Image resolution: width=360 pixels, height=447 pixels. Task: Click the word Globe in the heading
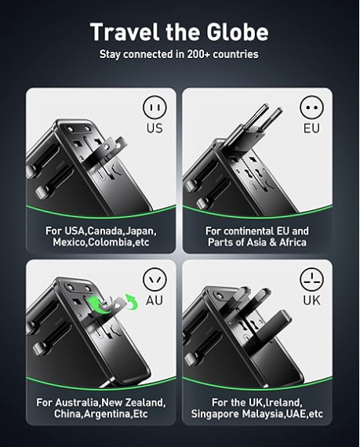click(x=237, y=31)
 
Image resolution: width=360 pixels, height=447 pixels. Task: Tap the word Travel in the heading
click(x=124, y=31)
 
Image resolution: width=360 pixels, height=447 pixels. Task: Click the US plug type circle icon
click(x=155, y=107)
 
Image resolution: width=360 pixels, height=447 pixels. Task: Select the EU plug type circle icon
click(x=312, y=107)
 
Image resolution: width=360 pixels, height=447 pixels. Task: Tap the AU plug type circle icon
click(x=155, y=279)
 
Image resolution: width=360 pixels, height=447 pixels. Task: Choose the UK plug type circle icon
click(x=312, y=279)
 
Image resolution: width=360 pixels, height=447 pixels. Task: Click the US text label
click(x=155, y=128)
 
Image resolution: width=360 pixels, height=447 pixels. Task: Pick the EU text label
click(x=311, y=128)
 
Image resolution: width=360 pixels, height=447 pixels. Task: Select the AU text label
click(x=155, y=300)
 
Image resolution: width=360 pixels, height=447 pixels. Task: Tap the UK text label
click(x=311, y=300)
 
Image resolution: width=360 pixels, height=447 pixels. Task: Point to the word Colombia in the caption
click(x=111, y=242)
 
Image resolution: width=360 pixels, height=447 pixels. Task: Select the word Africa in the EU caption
click(x=293, y=242)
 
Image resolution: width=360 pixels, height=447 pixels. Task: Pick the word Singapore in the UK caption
click(x=216, y=414)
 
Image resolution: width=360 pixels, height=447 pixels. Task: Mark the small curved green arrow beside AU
click(x=132, y=302)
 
